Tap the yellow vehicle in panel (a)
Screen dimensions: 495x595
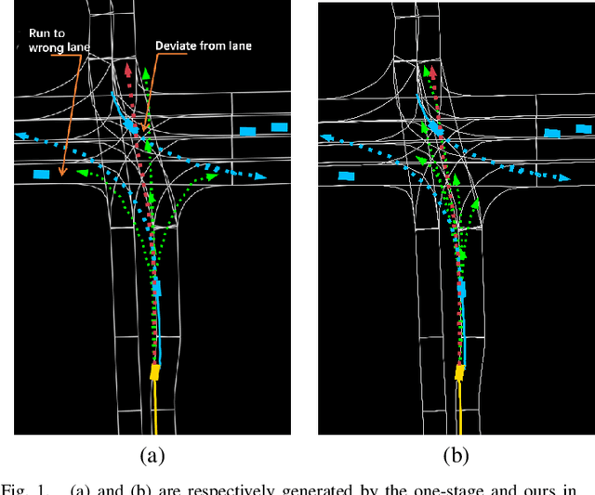(x=155, y=373)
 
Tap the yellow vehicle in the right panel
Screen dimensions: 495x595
(x=459, y=373)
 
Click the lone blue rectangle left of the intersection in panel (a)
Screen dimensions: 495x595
(x=41, y=174)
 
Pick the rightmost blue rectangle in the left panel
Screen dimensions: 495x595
(x=280, y=126)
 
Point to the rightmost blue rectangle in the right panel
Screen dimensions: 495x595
(x=583, y=126)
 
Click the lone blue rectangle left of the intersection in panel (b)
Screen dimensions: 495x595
(x=346, y=174)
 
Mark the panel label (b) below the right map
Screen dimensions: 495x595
(x=456, y=455)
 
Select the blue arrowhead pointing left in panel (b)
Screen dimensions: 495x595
(x=324, y=135)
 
